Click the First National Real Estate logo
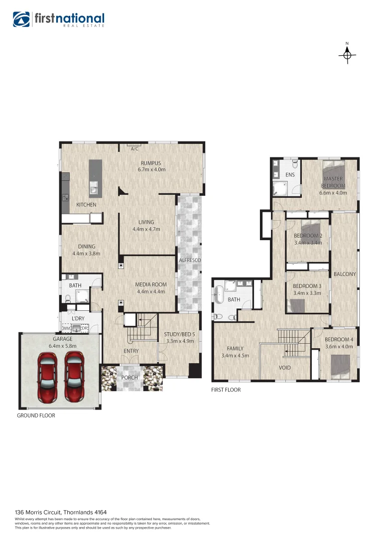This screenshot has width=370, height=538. click(x=58, y=20)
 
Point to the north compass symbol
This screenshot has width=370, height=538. click(x=347, y=54)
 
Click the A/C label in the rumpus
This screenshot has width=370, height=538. click(x=134, y=149)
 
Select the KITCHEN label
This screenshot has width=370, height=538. click(x=86, y=205)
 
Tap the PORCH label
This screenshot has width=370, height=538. click(x=130, y=377)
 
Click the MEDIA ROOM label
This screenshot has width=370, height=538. click(x=151, y=285)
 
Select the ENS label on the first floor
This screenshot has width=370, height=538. click(x=290, y=175)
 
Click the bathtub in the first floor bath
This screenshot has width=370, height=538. click(x=220, y=299)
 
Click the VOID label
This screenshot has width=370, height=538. click(x=284, y=368)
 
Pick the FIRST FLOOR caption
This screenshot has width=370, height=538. click(x=226, y=390)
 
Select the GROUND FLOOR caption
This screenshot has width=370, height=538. click(x=36, y=415)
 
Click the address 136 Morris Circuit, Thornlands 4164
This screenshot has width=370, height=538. click(x=61, y=512)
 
